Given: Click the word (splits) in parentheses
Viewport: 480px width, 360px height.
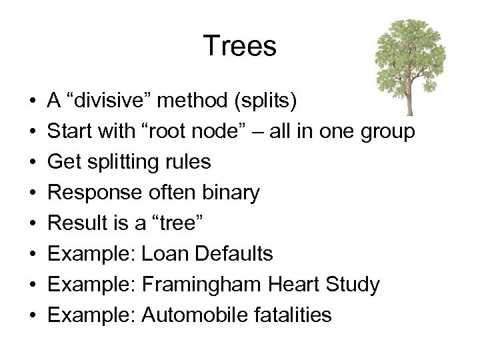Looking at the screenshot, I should (267, 102).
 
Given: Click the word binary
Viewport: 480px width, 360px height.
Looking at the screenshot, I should (229, 193).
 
